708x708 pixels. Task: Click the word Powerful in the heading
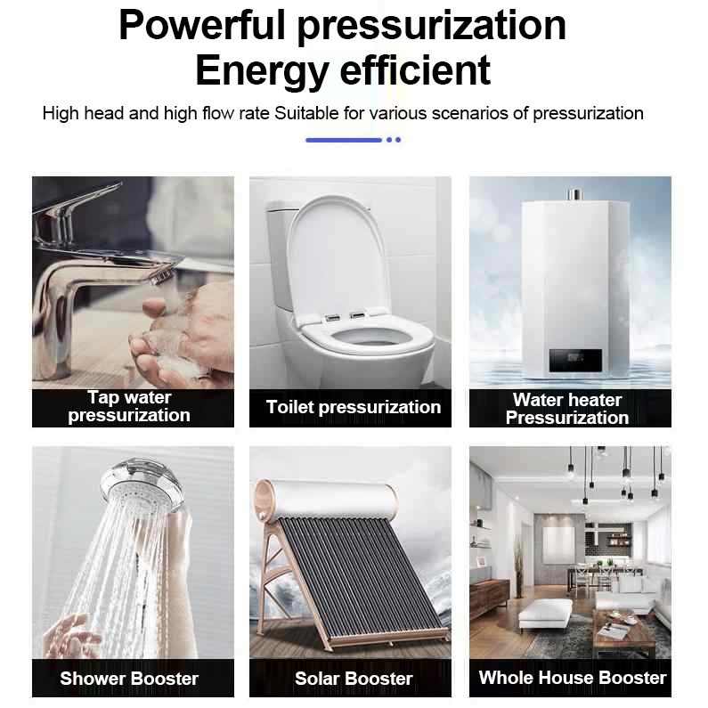[202, 26]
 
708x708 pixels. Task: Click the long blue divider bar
[344, 140]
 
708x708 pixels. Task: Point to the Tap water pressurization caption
[129, 406]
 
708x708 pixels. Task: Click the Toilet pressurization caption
[353, 407]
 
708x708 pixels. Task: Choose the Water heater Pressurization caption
[567, 409]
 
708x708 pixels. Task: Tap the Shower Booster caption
[129, 679]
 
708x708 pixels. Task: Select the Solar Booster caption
[354, 679]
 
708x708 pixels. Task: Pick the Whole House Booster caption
[573, 678]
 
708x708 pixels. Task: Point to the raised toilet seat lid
[338, 257]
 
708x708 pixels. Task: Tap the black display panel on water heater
[575, 361]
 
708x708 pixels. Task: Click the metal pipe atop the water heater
[574, 195]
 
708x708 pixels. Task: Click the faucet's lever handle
[77, 199]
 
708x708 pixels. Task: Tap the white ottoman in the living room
[545, 613]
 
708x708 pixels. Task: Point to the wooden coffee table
[624, 629]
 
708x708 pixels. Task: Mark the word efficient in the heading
[415, 70]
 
